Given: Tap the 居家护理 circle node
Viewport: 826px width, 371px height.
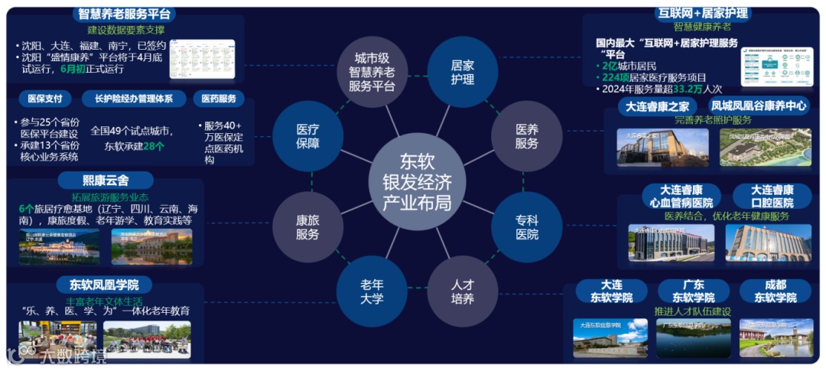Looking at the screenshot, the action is pyautogui.click(x=462, y=72).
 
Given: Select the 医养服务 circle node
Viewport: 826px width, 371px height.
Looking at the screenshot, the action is pyautogui.click(x=526, y=136).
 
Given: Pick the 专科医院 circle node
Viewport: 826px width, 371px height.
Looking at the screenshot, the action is pyautogui.click(x=526, y=226).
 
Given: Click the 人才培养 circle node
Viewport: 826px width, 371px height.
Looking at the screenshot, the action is pyautogui.click(x=462, y=291).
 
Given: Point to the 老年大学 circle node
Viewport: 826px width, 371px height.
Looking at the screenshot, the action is pyautogui.click(x=372, y=291).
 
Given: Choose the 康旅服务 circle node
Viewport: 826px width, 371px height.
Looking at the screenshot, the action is pyautogui.click(x=307, y=227).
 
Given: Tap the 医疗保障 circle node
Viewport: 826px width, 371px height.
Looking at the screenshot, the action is pyautogui.click(x=307, y=136).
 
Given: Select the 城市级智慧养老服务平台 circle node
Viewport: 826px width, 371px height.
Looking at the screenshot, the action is pyautogui.click(x=372, y=72).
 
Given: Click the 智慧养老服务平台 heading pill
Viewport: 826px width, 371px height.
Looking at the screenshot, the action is pyautogui.click(x=126, y=15).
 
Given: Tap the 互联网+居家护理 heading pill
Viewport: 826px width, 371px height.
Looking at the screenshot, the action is pyautogui.click(x=703, y=13).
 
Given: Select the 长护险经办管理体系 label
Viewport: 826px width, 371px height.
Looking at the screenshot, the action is pyautogui.click(x=134, y=99).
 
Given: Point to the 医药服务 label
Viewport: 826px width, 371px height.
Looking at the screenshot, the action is pyautogui.click(x=219, y=99).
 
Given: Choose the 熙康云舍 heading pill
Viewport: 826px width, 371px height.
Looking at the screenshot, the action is pyautogui.click(x=106, y=181).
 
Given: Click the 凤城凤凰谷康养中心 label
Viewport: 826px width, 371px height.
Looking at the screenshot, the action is pyautogui.click(x=759, y=106).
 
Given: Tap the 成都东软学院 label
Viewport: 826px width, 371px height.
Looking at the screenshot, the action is pyautogui.click(x=776, y=291).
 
